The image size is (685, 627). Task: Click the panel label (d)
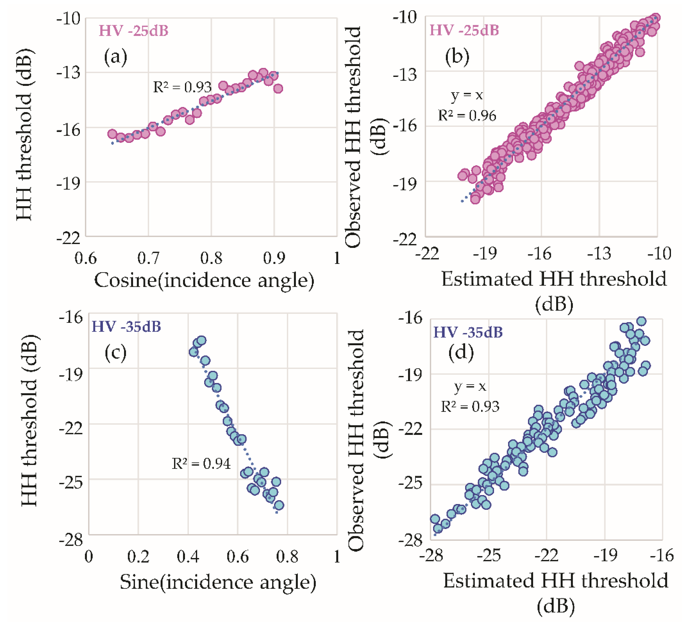[461, 352]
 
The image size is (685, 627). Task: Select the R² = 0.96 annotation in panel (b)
[467, 116]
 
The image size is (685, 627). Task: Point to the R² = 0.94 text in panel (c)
[201, 464]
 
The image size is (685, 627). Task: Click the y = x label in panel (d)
[470, 386]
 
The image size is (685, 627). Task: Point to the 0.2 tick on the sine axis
[138, 557]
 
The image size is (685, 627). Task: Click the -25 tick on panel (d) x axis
[489, 555]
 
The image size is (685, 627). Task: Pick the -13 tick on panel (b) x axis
[599, 254]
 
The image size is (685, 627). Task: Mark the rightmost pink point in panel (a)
[278, 89]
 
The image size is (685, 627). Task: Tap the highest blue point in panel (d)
[641, 321]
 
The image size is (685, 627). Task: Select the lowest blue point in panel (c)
[279, 505]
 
